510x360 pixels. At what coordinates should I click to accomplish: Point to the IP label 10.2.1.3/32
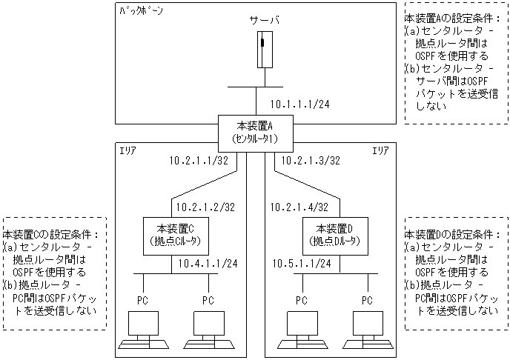[x=307, y=160]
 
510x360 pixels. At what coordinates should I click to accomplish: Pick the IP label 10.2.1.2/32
[x=204, y=207]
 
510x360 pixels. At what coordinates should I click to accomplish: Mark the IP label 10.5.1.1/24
[x=301, y=262]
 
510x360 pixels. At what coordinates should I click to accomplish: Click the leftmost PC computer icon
[x=145, y=330]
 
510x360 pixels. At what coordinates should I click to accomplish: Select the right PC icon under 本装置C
[x=209, y=330]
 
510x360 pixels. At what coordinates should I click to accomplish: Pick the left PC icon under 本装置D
[x=302, y=330]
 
